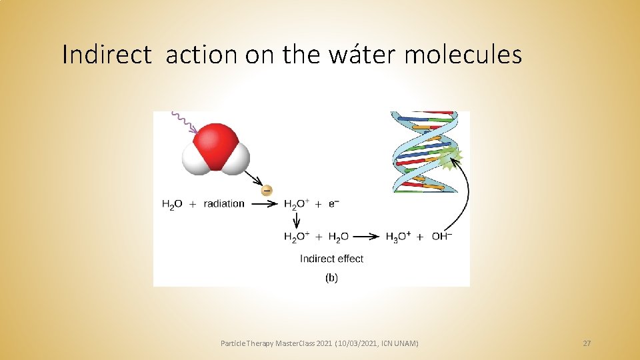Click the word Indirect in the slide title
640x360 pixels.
[x=106, y=55]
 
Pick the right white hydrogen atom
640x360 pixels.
[x=235, y=160]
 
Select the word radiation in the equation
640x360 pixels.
[x=224, y=204]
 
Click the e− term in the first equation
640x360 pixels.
[x=333, y=203]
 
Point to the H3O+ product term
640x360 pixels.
[x=398, y=237]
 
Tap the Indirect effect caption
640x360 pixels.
[x=331, y=259]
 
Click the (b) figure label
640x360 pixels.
[x=331, y=278]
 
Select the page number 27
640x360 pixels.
[x=587, y=343]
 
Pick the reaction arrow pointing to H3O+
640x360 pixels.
[x=368, y=237]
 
